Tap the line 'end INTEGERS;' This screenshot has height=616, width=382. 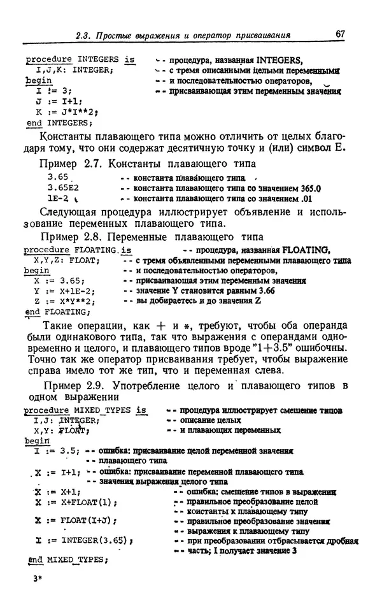[x=57, y=122]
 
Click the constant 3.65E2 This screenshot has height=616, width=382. [x=62, y=188]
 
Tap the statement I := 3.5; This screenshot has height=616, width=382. [x=53, y=452]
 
